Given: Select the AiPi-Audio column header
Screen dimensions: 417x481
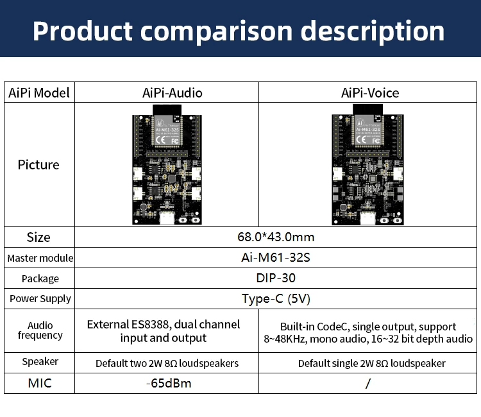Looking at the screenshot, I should coord(172,93).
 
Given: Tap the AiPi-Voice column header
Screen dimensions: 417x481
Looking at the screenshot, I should coord(369,93).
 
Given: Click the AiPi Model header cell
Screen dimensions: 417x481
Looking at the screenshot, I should coord(39,93).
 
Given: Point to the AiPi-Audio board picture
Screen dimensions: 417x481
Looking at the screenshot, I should coord(168,168).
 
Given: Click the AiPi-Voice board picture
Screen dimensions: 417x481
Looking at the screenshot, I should coord(367,168).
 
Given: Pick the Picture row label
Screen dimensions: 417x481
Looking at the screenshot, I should coord(38,165).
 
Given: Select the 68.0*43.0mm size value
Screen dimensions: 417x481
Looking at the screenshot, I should coord(276,237).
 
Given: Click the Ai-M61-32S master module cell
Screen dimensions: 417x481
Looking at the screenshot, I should coord(276,258).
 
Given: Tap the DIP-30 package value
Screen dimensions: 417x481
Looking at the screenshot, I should coord(276,278).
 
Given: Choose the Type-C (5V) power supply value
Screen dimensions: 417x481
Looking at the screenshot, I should coord(276,298).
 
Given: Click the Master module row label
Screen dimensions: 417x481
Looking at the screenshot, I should coord(40,259).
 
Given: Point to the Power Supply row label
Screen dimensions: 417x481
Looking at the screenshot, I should coord(40,299).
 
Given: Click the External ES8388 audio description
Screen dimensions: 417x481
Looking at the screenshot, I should coord(164,331).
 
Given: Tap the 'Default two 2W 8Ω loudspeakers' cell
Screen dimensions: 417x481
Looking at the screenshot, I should coord(167,363).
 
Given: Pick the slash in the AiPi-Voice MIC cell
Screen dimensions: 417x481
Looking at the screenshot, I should coord(368,384).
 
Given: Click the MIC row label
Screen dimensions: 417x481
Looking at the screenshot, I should coord(39,384).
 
